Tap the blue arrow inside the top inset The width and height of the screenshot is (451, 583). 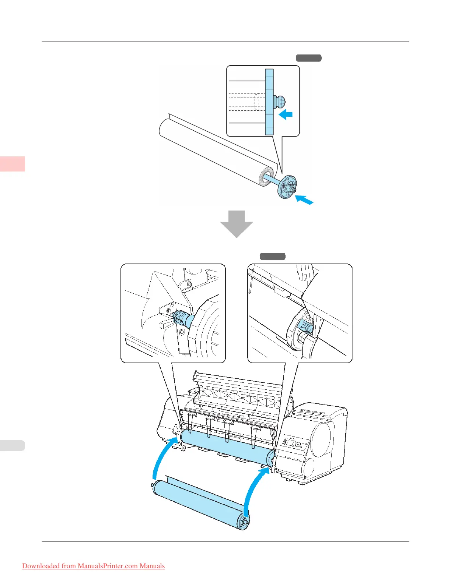(x=286, y=114)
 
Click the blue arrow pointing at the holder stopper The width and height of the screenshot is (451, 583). (x=305, y=200)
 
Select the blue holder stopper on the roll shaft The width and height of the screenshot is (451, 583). (x=287, y=188)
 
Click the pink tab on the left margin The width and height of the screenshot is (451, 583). (x=13, y=164)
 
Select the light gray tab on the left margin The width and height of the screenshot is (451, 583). (x=13, y=445)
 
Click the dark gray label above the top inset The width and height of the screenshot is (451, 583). (x=308, y=58)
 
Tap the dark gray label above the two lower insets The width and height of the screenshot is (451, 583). (x=273, y=257)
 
